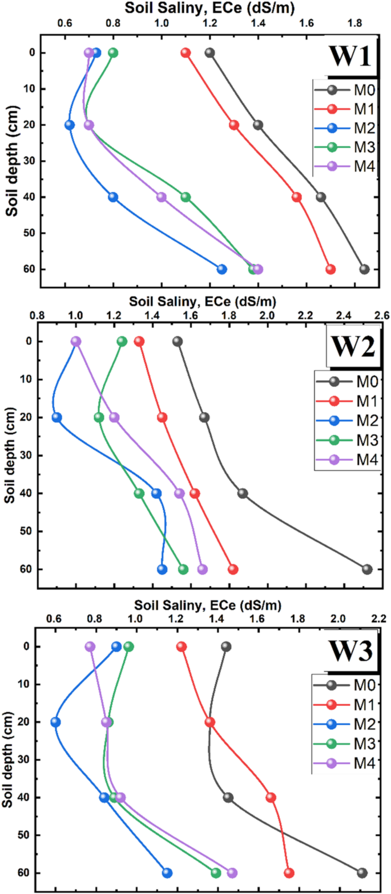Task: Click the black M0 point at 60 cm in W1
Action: (x=364, y=269)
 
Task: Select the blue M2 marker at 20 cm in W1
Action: (x=70, y=125)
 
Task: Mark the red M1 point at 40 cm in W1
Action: (x=297, y=197)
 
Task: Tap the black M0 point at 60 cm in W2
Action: (x=367, y=569)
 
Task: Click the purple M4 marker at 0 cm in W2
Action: (x=76, y=342)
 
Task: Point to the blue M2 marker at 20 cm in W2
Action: (x=57, y=417)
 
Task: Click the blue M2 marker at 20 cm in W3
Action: (x=55, y=722)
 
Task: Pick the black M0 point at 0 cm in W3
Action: (x=226, y=647)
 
